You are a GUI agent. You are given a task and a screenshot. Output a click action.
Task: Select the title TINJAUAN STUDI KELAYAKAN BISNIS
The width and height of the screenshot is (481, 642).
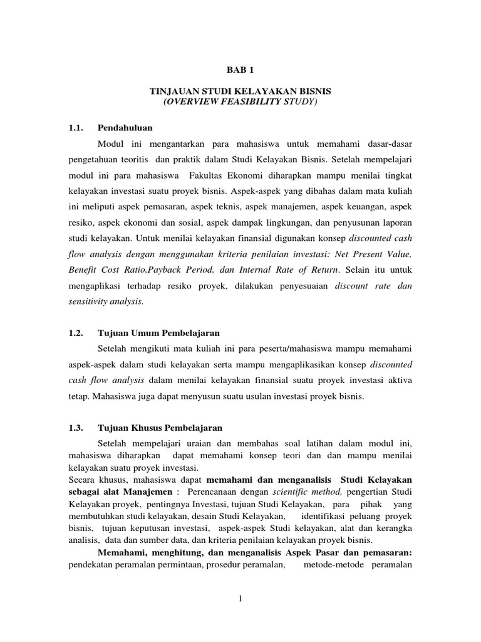tap(240, 92)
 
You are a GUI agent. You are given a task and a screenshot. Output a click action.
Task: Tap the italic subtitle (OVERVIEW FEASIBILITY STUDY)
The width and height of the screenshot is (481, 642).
tap(240, 102)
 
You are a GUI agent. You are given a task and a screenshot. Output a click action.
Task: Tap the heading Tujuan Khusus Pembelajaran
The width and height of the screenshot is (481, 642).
tap(160, 428)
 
